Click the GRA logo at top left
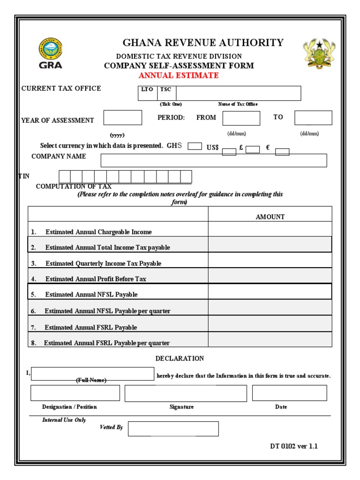(x=50, y=53)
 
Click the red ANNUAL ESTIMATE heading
(x=179, y=75)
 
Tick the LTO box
(x=147, y=93)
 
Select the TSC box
(x=166, y=93)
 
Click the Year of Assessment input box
(x=122, y=118)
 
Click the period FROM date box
(x=241, y=118)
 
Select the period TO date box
(x=313, y=118)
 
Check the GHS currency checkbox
(x=195, y=146)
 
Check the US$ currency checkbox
(x=229, y=151)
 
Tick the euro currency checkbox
(x=282, y=151)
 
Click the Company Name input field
(x=214, y=160)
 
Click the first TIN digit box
(x=65, y=177)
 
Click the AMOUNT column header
(x=270, y=217)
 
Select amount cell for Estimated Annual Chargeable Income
(x=270, y=229)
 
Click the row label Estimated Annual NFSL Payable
(x=91, y=295)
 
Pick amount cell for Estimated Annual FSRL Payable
(x=270, y=323)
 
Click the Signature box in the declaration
(x=186, y=393)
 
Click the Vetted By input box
(x=173, y=428)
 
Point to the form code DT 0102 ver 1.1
(x=293, y=446)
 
